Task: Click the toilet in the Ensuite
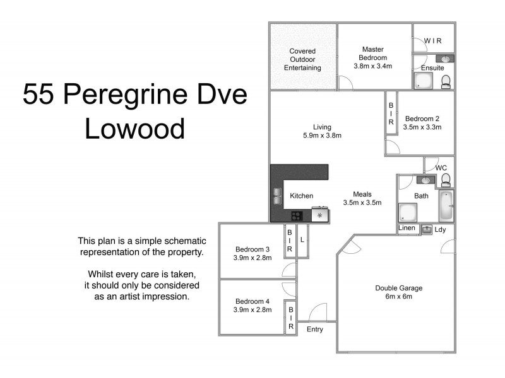click(x=446, y=81)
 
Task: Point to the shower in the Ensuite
click(x=422, y=80)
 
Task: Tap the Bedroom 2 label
click(x=422, y=118)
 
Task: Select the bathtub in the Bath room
click(x=446, y=205)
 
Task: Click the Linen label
click(x=406, y=228)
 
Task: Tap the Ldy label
click(x=440, y=229)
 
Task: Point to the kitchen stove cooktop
click(x=296, y=215)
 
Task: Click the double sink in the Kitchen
click(x=277, y=196)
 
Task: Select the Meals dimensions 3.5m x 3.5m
click(x=362, y=203)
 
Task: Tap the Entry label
click(x=314, y=329)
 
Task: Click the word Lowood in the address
click(x=134, y=129)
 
